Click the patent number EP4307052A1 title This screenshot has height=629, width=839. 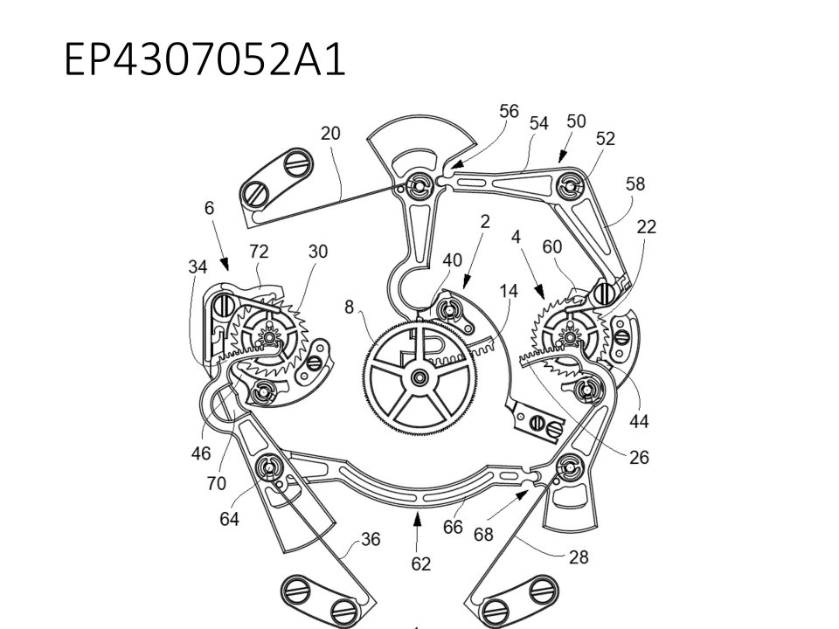(205, 59)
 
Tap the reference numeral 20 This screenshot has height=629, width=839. (330, 133)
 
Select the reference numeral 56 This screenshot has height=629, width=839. (509, 111)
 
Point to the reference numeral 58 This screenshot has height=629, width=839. (635, 184)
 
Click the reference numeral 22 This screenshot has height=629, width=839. (647, 227)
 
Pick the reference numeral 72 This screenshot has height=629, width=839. (259, 252)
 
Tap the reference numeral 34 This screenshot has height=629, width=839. (198, 266)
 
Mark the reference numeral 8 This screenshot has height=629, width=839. (349, 307)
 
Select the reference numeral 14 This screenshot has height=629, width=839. (509, 291)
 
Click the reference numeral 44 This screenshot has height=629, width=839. (639, 421)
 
